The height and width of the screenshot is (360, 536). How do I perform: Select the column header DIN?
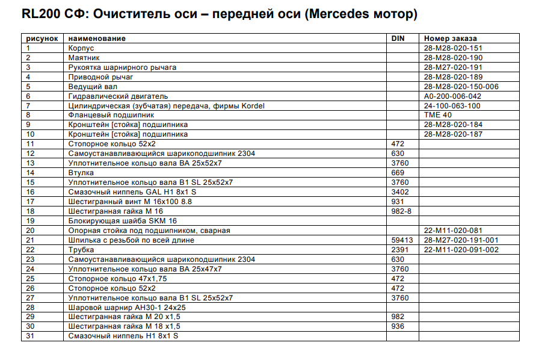398,39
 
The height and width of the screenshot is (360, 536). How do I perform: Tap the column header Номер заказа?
450,39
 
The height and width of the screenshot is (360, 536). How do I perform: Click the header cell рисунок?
42,39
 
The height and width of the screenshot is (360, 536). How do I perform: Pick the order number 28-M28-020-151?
453,48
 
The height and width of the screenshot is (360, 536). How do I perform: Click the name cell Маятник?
82,58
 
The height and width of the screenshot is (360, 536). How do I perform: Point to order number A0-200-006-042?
452,96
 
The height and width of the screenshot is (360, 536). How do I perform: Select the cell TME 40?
437,115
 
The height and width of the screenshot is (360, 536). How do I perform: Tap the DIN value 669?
398,173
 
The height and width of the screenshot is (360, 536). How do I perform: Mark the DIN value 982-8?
402,211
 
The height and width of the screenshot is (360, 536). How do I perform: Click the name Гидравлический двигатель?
118,96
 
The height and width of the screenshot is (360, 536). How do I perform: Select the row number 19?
31,221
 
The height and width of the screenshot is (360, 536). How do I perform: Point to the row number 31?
31,336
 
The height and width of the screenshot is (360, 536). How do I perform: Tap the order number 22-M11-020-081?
452,231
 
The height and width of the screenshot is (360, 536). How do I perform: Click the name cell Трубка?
81,250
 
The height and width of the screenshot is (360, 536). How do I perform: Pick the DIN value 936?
398,326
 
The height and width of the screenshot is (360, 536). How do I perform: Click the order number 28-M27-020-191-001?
461,240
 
